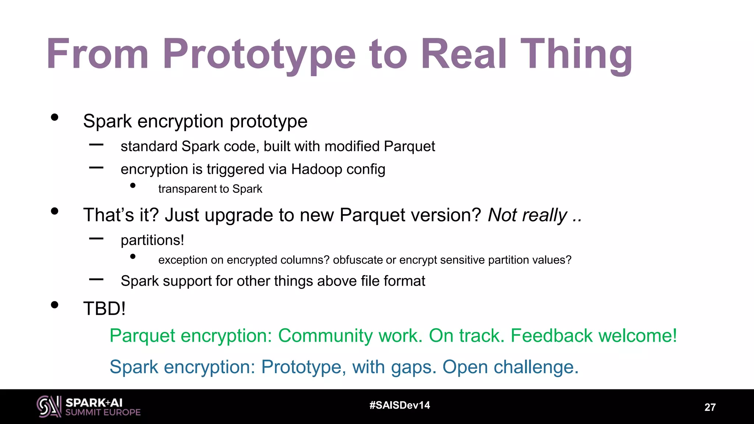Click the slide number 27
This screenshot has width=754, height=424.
tap(710, 407)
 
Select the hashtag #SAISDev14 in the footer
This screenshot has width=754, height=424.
tap(400, 405)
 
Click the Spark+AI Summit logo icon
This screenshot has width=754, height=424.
tap(49, 406)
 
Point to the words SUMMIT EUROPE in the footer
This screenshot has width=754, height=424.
tap(103, 413)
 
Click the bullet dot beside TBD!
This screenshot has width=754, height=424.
tap(55, 305)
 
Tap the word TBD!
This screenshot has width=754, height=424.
tap(105, 308)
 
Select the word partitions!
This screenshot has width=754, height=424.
tap(152, 240)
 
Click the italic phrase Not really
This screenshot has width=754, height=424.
tap(527, 215)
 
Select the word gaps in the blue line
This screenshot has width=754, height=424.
tap(413, 367)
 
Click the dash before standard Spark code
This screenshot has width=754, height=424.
tap(96, 145)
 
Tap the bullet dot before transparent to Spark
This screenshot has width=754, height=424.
tap(133, 186)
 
